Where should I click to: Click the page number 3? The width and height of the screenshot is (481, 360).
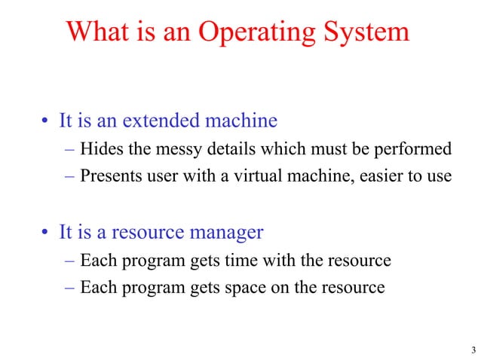pyautogui.click(x=472, y=349)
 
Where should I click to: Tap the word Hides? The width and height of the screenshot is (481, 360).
pyautogui.click(x=100, y=149)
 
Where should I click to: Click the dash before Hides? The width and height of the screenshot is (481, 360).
pyautogui.click(x=69, y=149)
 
